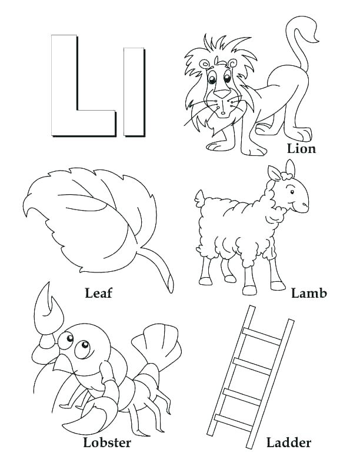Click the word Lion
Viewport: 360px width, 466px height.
(x=302, y=148)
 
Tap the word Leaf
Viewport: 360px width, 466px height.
(x=98, y=292)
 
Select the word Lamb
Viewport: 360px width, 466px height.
(x=309, y=292)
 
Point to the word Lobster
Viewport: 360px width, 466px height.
(x=107, y=442)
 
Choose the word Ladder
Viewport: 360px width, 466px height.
(x=288, y=442)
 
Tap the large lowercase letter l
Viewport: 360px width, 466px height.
(x=134, y=91)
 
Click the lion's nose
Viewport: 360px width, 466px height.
(x=221, y=93)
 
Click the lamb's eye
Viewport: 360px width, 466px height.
(x=292, y=189)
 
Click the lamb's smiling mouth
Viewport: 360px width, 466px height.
(x=299, y=207)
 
